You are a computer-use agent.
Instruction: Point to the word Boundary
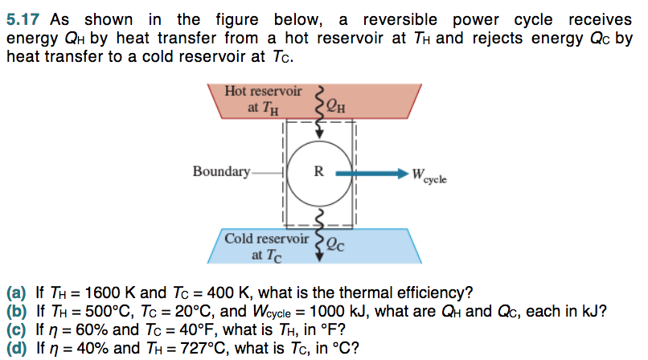point(221,171)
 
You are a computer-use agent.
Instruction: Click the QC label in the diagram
point(338,245)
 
